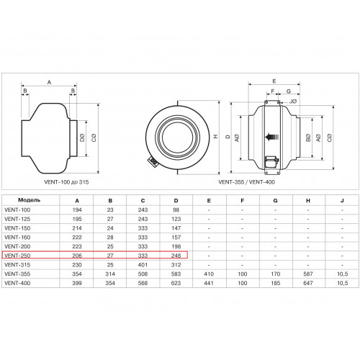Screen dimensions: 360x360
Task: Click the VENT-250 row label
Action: pyautogui.click(x=17, y=256)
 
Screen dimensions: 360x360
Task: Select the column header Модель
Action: pyautogui.click(x=30, y=200)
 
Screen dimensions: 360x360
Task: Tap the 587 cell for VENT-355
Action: pyautogui.click(x=308, y=274)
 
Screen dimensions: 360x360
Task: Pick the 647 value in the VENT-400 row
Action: pyautogui.click(x=308, y=283)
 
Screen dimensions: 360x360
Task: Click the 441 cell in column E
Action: pyautogui.click(x=209, y=283)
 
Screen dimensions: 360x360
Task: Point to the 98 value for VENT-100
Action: pyautogui.click(x=176, y=210)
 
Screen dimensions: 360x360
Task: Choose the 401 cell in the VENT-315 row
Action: pyautogui.click(x=143, y=265)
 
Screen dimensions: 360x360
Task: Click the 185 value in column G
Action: pyautogui.click(x=275, y=283)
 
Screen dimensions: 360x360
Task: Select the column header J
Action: pyautogui.click(x=342, y=201)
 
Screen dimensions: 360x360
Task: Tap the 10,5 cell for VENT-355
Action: pyautogui.click(x=342, y=274)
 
